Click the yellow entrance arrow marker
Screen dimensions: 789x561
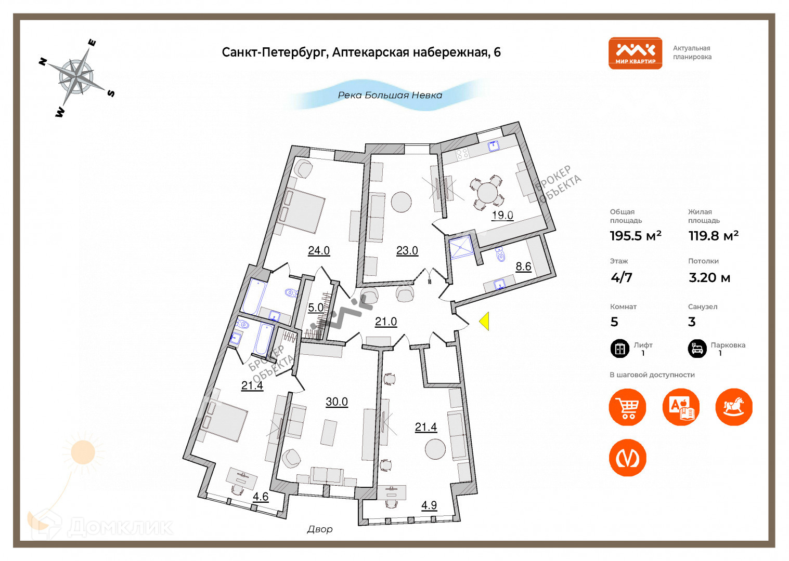(x=484, y=321)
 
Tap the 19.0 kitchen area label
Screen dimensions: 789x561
(x=502, y=215)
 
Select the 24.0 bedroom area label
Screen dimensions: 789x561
(x=319, y=250)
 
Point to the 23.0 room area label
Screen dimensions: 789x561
(x=407, y=250)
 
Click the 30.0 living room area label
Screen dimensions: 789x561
(x=337, y=402)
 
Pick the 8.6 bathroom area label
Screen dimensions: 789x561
(x=523, y=266)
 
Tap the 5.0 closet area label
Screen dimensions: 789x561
(x=316, y=308)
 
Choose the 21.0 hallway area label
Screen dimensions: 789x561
(x=386, y=322)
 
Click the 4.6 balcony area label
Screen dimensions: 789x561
(x=261, y=497)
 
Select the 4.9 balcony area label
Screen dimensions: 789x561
(x=429, y=505)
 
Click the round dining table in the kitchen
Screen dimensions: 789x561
(x=487, y=193)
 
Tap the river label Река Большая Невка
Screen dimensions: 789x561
(x=390, y=95)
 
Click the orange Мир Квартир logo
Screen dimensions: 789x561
(x=635, y=53)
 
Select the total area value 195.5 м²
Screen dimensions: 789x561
(x=635, y=236)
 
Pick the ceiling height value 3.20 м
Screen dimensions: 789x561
(x=709, y=278)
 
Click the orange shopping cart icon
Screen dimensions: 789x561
(x=627, y=407)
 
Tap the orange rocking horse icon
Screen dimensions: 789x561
(x=734, y=407)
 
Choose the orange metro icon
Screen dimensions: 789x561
(x=627, y=458)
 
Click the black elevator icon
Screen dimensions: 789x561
(x=619, y=349)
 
